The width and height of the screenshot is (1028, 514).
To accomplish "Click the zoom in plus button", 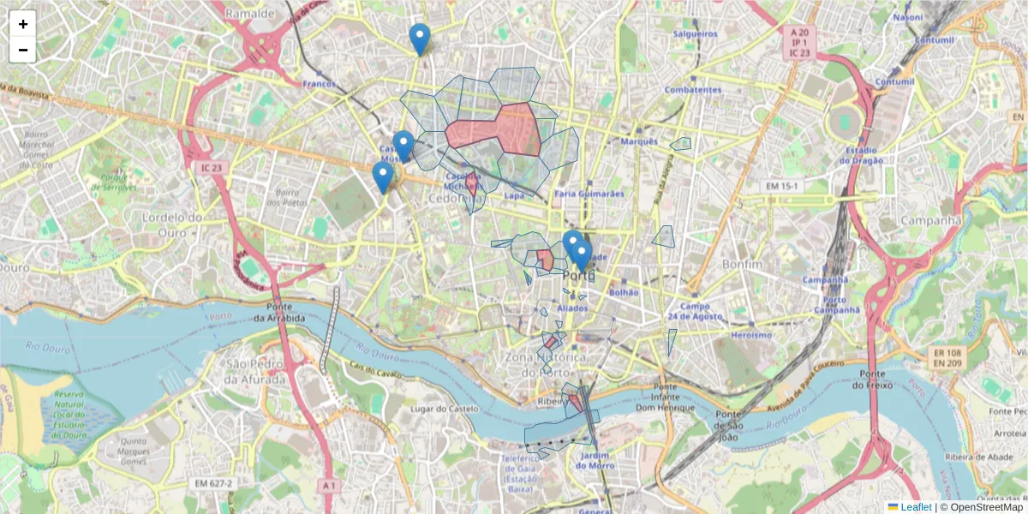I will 23,24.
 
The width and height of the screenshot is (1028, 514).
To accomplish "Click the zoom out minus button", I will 23,50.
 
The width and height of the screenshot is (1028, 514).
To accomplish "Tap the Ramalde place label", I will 249,14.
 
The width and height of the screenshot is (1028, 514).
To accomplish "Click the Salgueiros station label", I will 695,33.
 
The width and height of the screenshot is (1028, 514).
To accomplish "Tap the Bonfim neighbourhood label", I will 742,265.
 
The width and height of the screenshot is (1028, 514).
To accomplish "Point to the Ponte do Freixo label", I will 872,380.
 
